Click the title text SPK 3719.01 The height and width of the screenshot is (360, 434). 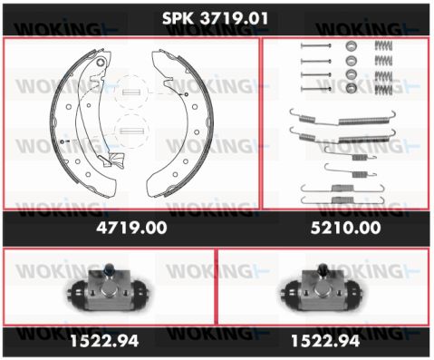[x=215, y=18]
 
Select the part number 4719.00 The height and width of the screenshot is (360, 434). [x=131, y=228]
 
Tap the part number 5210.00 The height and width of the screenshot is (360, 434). [x=345, y=228]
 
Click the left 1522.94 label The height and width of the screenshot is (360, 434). [x=104, y=341]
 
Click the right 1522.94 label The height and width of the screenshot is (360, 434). [x=325, y=341]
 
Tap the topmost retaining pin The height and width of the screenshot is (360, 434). [x=316, y=46]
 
